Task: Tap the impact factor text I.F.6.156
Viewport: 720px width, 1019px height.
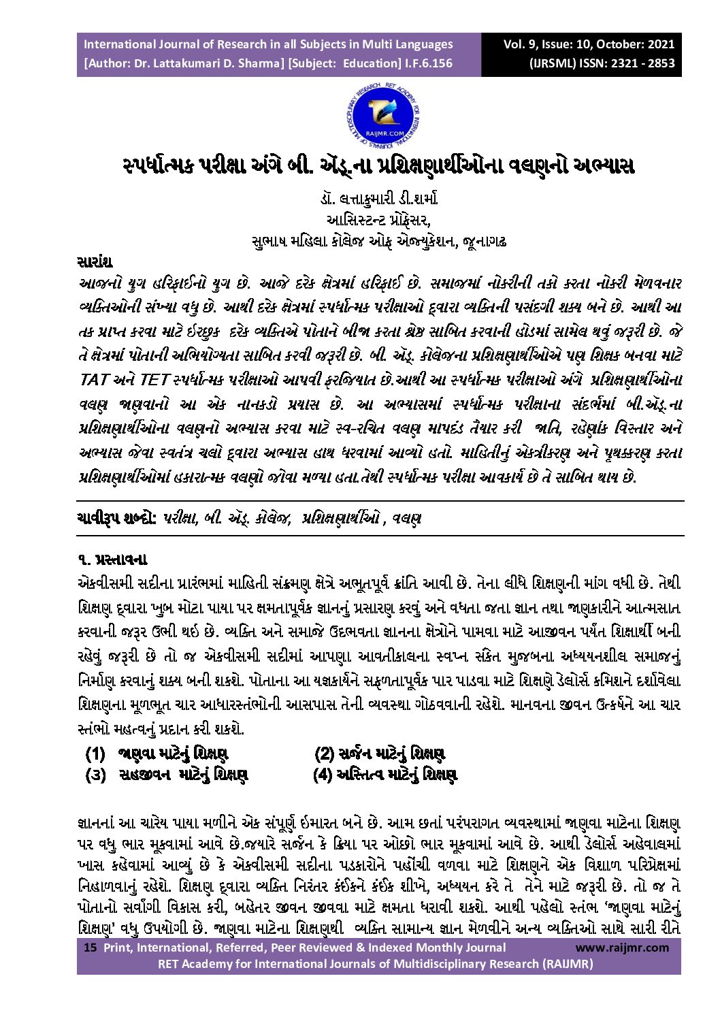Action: pyautogui.click(x=429, y=63)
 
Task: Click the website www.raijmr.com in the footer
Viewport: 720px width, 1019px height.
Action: pyautogui.click(x=622, y=947)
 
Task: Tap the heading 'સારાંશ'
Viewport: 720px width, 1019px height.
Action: pyautogui.click(x=95, y=262)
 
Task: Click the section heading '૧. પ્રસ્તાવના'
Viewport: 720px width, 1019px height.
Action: pyautogui.click(x=113, y=560)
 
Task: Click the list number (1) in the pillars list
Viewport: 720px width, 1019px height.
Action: pyautogui.click(x=95, y=754)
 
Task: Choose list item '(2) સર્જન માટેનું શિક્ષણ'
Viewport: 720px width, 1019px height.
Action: pyautogui.click(x=380, y=754)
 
